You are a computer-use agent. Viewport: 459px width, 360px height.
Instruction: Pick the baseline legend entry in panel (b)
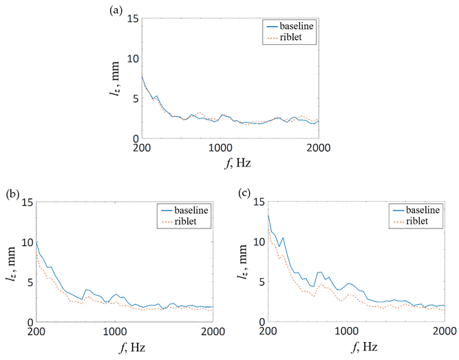point(184,209)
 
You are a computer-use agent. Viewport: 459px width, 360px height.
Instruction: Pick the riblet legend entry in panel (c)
point(416,220)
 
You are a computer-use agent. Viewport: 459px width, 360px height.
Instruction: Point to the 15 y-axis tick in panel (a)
point(131,19)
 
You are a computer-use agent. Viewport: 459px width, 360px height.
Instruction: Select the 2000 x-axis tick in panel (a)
point(317,148)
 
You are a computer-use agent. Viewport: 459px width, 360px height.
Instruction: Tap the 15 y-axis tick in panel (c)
point(257,202)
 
